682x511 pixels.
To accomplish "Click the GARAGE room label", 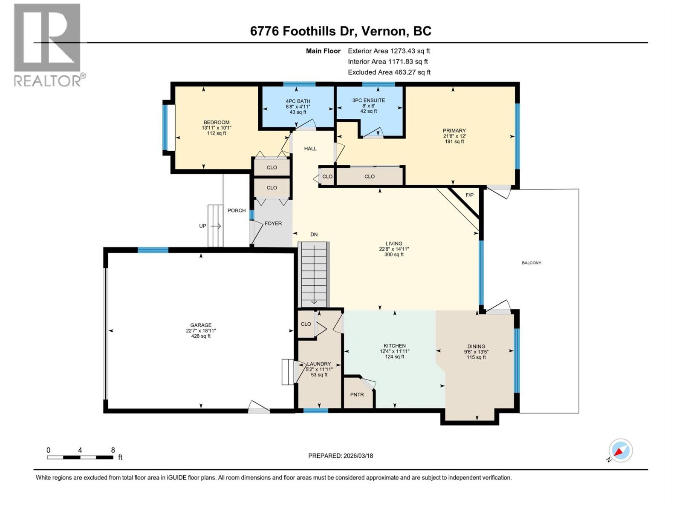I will point(201,325).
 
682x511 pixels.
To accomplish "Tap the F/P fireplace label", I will point(469,195).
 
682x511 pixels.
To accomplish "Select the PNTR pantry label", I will point(357,395).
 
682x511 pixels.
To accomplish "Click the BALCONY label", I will point(532,263).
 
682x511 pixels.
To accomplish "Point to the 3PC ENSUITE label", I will point(368,100).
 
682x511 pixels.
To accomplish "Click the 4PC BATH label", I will point(298,101).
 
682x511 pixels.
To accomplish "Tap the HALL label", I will point(310,149).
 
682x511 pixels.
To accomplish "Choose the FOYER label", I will point(273,223).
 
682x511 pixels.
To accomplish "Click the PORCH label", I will point(237,210).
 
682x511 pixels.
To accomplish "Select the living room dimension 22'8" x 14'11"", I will point(394,249).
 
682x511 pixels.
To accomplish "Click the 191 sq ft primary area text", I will point(454,141).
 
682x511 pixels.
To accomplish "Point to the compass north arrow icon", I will point(620,451).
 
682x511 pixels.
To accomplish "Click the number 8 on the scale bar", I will point(113,450).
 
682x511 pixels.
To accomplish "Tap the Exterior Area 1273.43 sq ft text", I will point(389,51).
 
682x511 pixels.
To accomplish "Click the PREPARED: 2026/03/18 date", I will point(341,456).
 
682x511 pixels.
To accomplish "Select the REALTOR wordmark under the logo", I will point(48,80).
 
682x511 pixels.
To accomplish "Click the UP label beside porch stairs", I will point(203,226).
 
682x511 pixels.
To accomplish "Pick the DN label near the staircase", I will point(314,234).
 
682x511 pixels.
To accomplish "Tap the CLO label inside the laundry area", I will point(306,324).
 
